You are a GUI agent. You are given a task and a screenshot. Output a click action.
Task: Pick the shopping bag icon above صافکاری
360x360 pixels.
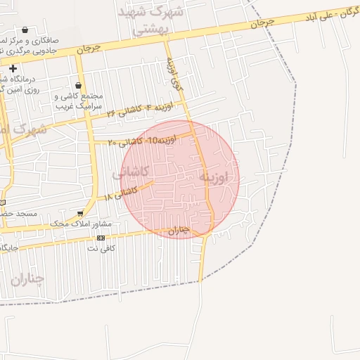[26, 30]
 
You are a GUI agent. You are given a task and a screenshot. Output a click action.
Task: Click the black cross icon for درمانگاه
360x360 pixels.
[13, 67]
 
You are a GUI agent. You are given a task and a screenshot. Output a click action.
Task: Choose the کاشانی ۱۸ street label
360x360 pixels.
[118, 193]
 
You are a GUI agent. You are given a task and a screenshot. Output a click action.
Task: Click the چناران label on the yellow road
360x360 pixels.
[179, 229]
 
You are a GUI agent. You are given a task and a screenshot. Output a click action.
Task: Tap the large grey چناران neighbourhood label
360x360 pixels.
[27, 278]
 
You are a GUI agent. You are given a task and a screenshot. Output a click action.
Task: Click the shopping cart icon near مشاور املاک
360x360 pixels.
[81, 212]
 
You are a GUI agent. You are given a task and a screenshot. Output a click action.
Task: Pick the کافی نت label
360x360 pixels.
[101, 248]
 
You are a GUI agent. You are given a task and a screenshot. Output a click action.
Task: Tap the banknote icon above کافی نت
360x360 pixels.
[101, 238]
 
